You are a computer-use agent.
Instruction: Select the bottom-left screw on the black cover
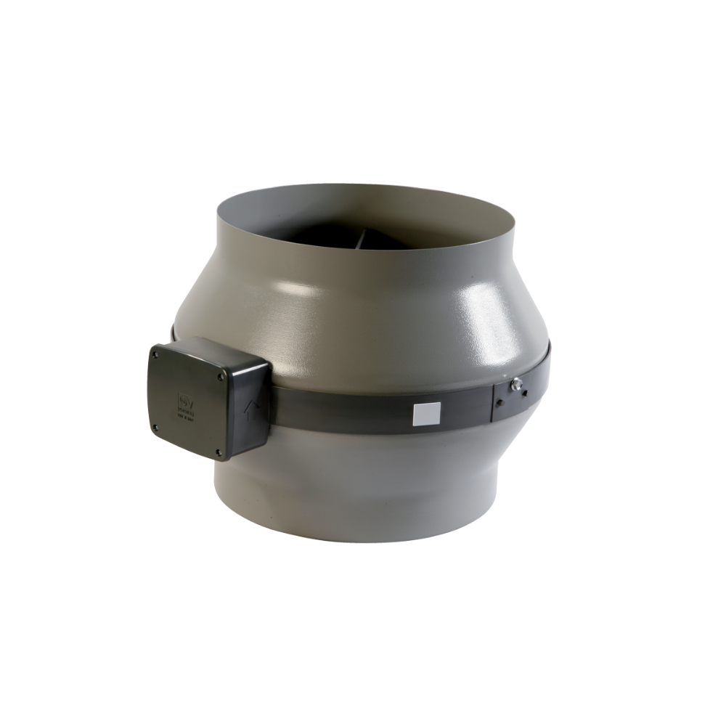tap(155, 428)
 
